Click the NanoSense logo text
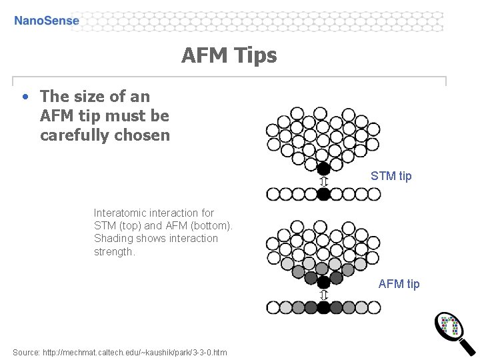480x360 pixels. [x=47, y=21]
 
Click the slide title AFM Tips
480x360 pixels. [x=229, y=55]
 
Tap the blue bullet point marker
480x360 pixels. [x=25, y=97]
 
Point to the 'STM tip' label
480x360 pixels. [x=391, y=176]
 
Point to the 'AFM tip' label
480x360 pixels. [x=399, y=284]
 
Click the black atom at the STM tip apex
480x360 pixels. [x=323, y=169]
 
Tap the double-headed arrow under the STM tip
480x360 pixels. [x=324, y=181]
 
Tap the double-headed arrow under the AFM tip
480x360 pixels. [x=324, y=295]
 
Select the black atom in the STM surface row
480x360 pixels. [x=323, y=194]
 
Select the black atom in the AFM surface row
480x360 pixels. [x=324, y=307]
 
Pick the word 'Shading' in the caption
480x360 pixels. [x=113, y=239]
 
